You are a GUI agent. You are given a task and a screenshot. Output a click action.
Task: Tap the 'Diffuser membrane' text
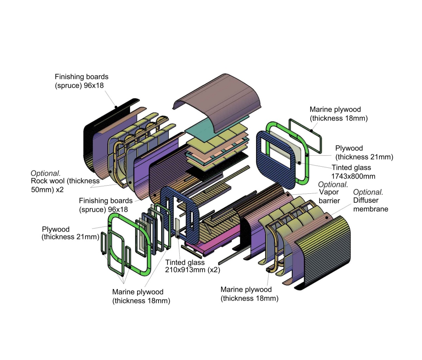click(x=371, y=205)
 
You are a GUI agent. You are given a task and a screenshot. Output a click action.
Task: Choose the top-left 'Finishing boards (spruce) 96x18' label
click(x=82, y=81)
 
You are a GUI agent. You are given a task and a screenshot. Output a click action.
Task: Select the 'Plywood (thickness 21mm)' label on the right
click(x=364, y=153)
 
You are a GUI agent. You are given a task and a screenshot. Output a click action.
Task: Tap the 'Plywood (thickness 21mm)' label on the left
click(x=70, y=233)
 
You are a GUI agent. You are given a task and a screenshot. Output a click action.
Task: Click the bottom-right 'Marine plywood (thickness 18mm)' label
click(x=249, y=294)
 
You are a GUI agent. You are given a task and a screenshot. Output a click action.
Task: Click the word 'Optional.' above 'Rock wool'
click(x=46, y=173)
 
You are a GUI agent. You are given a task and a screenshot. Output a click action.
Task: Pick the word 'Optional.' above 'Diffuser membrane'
click(x=368, y=192)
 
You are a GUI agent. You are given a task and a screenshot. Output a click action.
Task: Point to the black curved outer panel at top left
click(x=88, y=141)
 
